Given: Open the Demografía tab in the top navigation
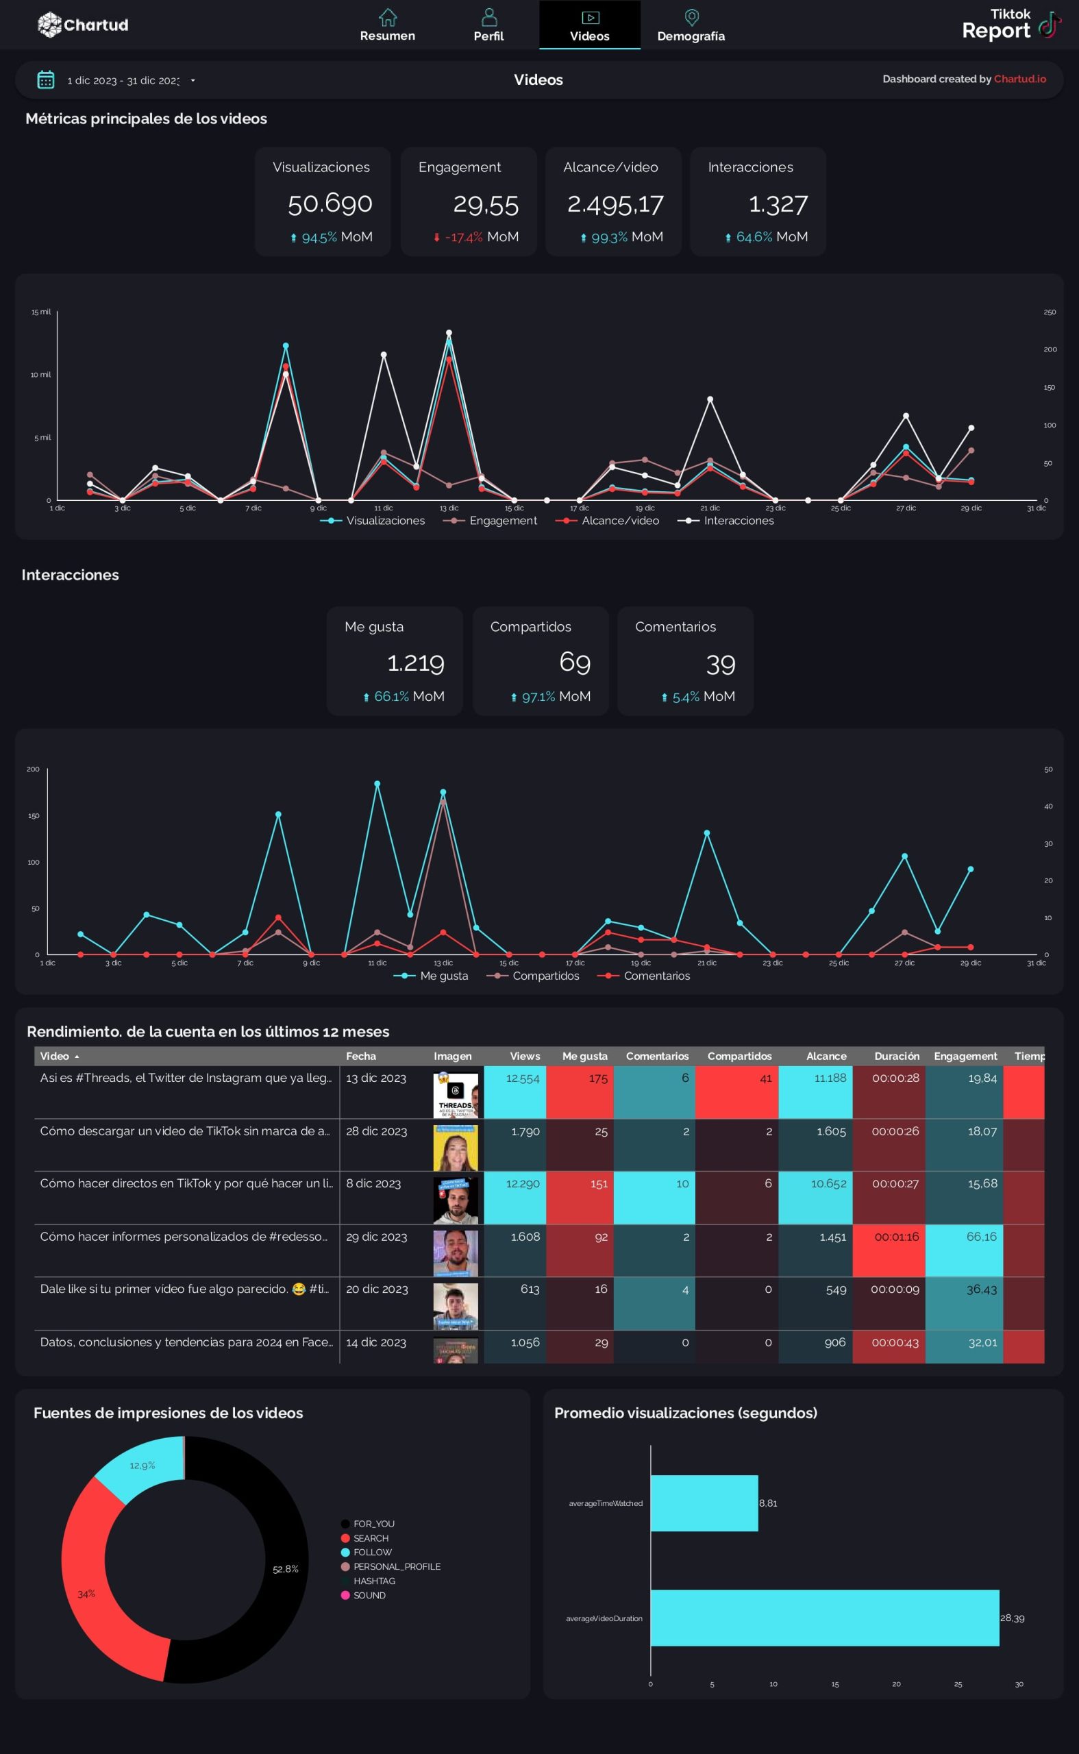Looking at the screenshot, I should (690, 25).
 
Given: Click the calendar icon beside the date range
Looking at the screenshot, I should (46, 80).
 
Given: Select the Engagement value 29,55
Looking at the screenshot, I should (485, 205).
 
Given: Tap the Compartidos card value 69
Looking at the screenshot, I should (575, 663).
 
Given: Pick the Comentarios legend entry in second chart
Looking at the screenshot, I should (648, 976).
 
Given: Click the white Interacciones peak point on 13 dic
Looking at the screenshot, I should (449, 333).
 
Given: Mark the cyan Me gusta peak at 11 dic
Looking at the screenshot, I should (377, 784).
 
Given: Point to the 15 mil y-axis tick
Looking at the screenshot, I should (40, 312).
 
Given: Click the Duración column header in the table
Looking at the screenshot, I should (896, 1056).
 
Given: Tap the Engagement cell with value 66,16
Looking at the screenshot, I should (980, 1237).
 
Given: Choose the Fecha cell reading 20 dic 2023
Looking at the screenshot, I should (377, 1289).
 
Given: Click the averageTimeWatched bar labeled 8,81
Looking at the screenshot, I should (704, 1503).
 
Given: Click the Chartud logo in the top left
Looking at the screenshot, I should (83, 25).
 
